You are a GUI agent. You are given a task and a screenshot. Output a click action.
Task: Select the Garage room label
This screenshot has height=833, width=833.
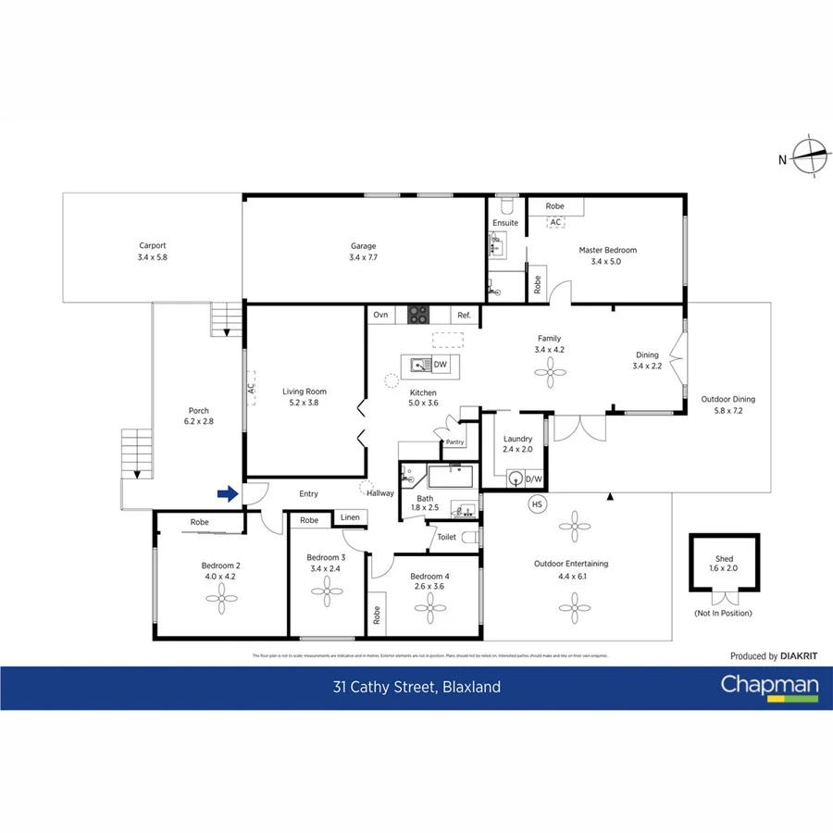click(x=363, y=246)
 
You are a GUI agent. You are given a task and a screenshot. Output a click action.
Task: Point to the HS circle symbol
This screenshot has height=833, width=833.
click(x=536, y=504)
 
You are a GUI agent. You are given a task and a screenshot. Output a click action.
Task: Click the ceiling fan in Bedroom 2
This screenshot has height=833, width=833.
click(x=221, y=601)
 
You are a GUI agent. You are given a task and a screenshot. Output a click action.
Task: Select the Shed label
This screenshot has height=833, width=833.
click(x=724, y=558)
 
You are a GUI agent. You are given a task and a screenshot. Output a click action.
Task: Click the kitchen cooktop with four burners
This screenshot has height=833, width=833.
click(x=417, y=316)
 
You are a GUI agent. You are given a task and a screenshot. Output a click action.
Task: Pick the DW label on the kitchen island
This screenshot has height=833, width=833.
click(x=440, y=365)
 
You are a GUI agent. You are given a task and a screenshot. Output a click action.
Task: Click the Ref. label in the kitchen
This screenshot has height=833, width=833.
click(x=464, y=316)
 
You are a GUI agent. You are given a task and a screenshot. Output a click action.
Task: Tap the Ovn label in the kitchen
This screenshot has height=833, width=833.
click(x=380, y=316)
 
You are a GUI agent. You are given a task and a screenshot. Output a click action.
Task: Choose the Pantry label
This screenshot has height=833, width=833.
click(x=454, y=442)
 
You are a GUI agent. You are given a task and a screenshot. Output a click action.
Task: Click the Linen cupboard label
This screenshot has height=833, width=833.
click(x=349, y=517)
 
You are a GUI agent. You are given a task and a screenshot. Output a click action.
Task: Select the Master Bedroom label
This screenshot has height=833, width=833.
click(x=607, y=250)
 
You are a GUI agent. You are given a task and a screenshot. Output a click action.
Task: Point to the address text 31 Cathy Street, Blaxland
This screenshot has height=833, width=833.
click(x=416, y=687)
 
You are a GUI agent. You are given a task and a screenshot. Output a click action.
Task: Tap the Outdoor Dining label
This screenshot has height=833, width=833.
click(x=727, y=399)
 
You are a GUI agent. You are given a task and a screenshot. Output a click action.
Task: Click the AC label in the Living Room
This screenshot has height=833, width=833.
click(x=251, y=391)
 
